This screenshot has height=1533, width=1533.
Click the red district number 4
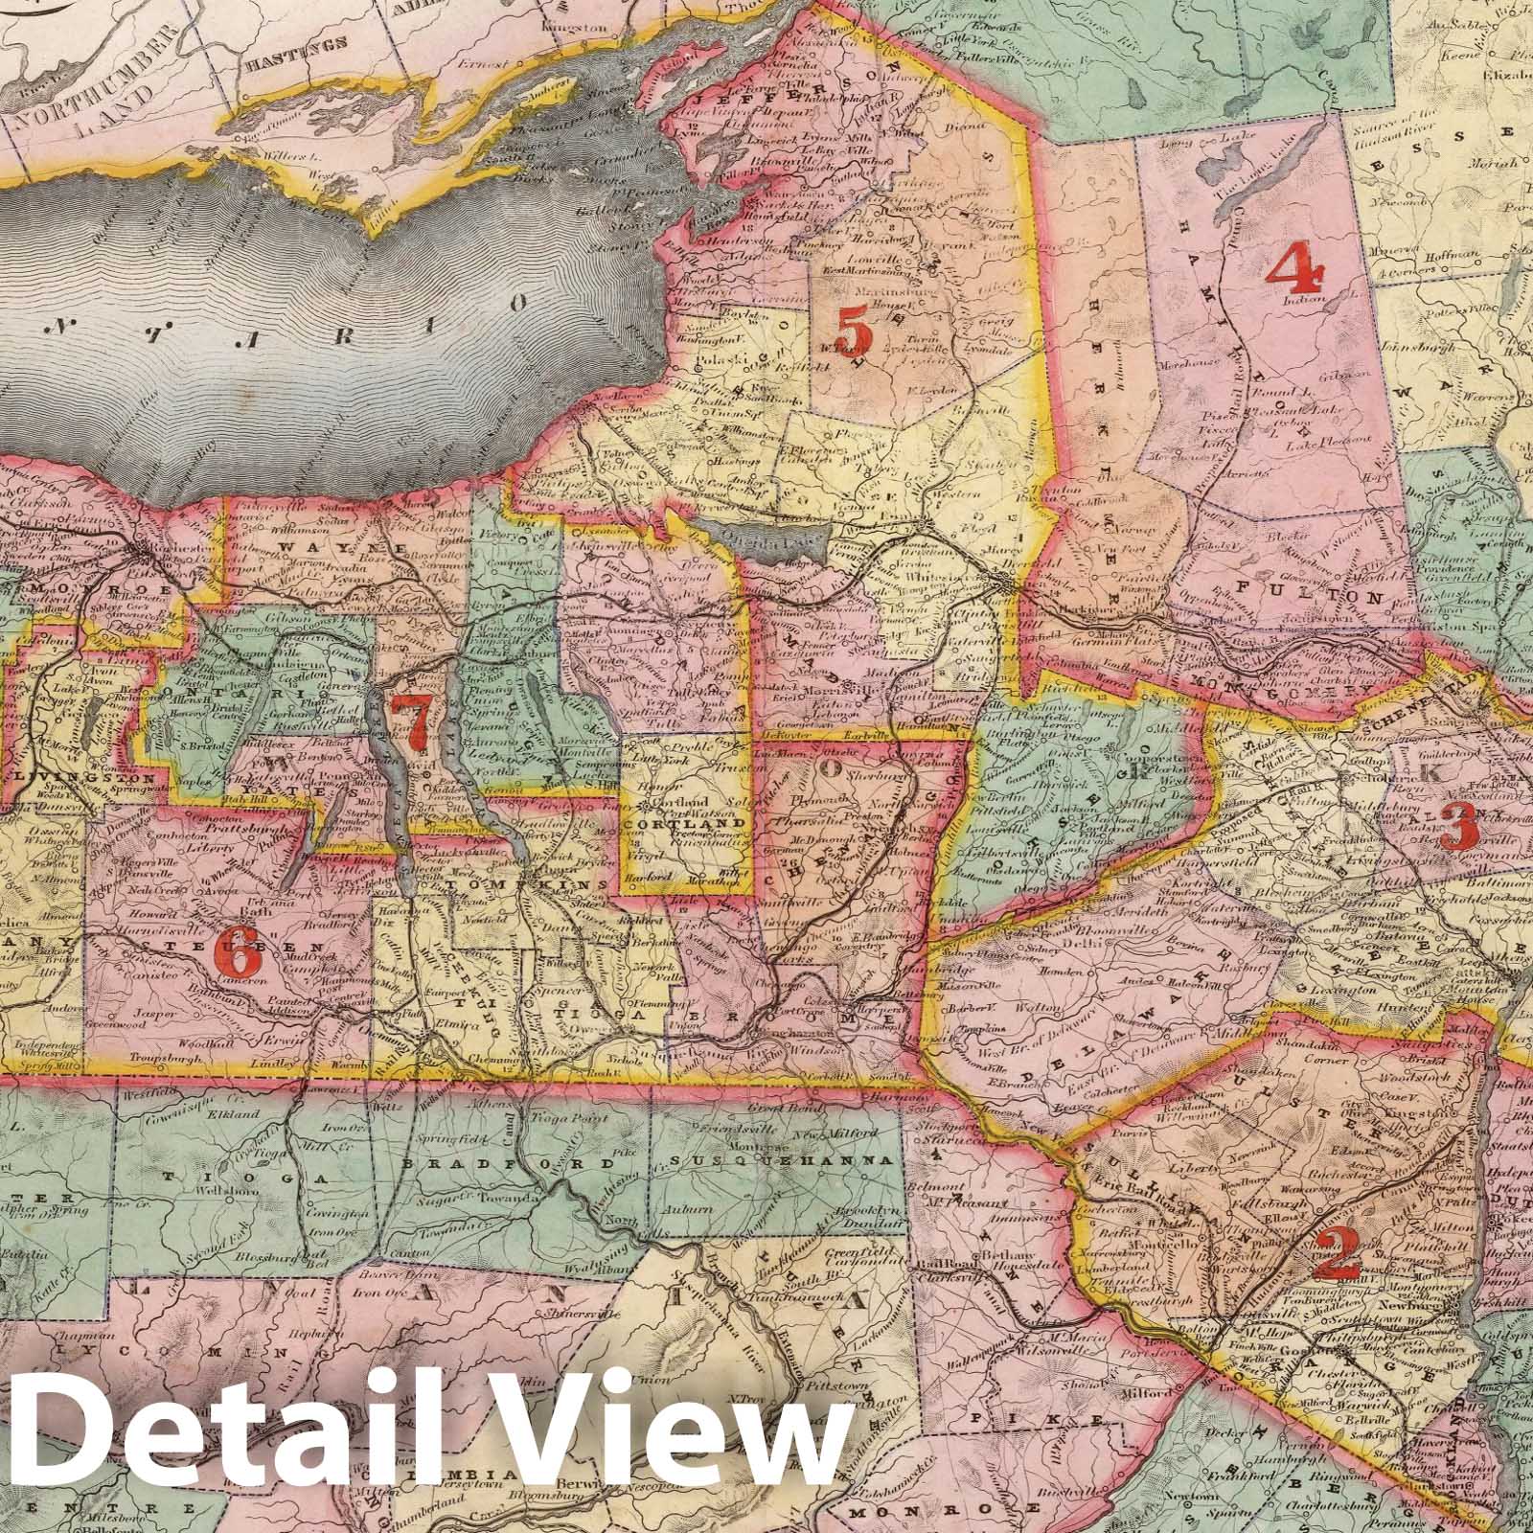point(1296,268)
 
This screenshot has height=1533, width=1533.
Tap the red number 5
point(853,334)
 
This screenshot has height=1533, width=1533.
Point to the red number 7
point(414,724)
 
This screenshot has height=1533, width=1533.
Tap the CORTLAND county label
point(684,823)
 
